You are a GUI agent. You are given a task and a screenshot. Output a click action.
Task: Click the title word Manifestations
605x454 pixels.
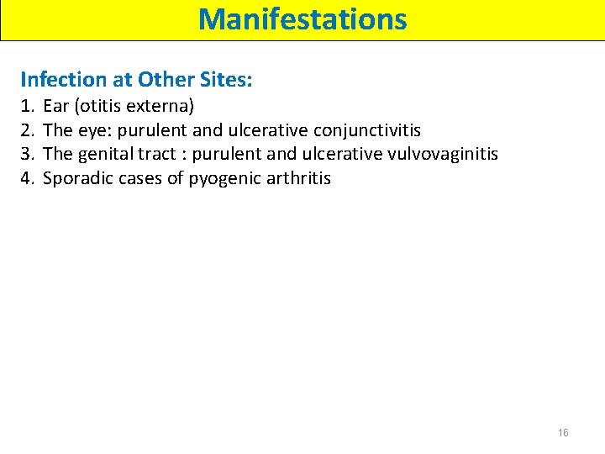pos(302,18)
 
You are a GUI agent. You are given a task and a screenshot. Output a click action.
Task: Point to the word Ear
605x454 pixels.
pos(55,106)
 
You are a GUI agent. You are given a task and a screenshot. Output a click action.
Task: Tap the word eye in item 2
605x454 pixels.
pos(92,130)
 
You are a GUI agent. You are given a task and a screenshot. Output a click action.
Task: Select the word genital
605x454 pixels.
pos(106,154)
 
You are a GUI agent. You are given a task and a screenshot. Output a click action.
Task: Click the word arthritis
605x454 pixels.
pos(299,178)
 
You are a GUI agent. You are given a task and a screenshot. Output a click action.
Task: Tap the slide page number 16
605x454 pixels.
pos(563,432)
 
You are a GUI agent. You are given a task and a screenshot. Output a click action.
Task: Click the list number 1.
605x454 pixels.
pos(27,106)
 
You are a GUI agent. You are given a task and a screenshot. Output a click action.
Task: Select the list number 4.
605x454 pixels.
pos(27,178)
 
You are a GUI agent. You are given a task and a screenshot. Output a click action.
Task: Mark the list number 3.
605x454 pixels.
pos(27,154)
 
